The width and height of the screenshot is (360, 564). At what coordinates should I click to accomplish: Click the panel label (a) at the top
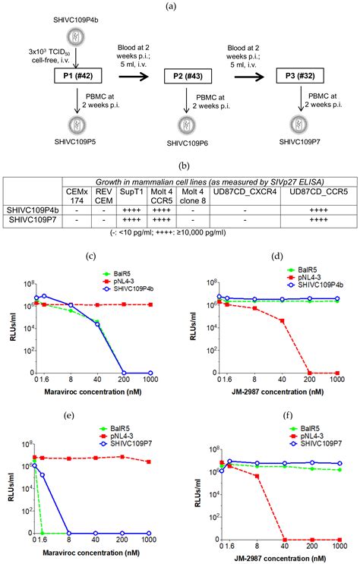[x=180, y=6]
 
